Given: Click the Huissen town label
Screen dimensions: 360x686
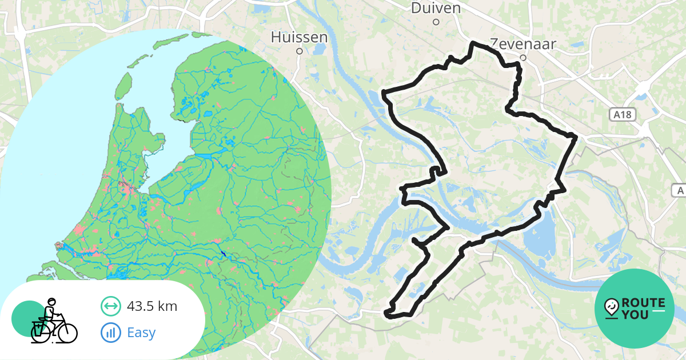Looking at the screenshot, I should pos(299,37).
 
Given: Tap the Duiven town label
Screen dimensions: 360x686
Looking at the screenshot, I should pos(436,8).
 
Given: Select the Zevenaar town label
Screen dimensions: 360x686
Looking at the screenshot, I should pos(523,44).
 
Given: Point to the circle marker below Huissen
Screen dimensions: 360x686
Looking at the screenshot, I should pos(299,51).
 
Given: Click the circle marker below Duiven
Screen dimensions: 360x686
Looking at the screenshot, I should pos(436,22).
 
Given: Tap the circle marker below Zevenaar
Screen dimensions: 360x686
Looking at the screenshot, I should pos(523,58).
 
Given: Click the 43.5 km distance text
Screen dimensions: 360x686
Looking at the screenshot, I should pos(151,306).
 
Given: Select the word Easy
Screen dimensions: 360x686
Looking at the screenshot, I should pos(141,332).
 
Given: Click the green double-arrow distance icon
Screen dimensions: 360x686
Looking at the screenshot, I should pos(110,306).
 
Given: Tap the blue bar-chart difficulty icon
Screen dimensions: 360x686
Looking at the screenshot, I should pos(110,332).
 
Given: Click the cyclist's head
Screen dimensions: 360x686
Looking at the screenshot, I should pos(51,302).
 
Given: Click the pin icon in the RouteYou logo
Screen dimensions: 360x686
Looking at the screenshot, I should pos(611,308).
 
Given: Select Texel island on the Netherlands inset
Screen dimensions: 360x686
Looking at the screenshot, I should pos(121,86).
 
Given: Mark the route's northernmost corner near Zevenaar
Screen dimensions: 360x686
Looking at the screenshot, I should pos(472,43).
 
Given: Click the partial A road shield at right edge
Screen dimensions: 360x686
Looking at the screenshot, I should pos(679,190).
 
